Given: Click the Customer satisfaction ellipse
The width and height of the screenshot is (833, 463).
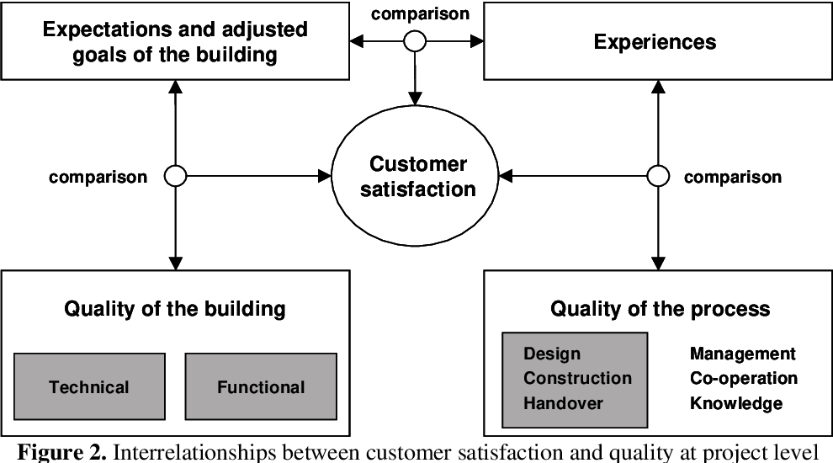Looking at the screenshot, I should point(417,176).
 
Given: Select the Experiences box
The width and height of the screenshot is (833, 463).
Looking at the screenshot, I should point(655,41).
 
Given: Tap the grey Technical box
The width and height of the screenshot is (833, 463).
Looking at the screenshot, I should point(89,387).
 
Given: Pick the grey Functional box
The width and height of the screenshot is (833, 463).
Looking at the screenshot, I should point(261,387).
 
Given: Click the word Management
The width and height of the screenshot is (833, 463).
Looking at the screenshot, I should point(742,354).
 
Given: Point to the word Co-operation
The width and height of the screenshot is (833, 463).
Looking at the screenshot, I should point(743,379).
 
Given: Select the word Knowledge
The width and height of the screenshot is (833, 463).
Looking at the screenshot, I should point(735,403).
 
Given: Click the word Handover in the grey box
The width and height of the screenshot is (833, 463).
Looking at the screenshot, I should point(563,403).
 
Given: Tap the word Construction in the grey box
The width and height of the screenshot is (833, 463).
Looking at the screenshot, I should point(577,379).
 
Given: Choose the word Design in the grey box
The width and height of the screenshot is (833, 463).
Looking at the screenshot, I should point(552,354).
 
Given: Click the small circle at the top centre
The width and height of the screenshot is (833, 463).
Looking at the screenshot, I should point(414,40).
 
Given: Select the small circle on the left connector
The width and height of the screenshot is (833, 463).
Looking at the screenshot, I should point(175,176).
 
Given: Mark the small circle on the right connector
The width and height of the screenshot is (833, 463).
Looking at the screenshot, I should point(658,176).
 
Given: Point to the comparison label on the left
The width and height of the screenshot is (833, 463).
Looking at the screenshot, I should point(98,177).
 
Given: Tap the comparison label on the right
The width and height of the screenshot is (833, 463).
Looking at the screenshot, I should point(732,177).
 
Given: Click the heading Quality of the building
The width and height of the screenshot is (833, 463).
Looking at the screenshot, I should point(175,309).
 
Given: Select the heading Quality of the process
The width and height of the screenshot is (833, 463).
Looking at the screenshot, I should point(660,309).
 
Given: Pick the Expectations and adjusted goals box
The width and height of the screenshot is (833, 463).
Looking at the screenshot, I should point(175,41).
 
